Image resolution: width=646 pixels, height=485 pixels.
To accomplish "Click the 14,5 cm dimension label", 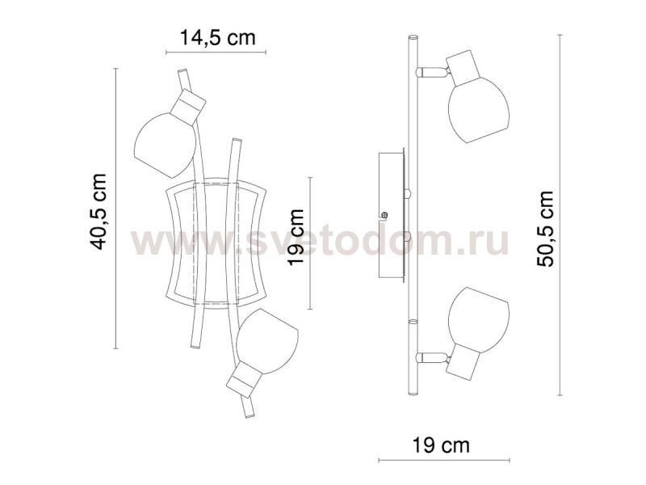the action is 217,37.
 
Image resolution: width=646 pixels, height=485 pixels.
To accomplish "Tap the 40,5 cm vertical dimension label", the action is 99,212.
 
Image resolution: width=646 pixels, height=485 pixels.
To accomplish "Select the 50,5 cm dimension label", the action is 546,229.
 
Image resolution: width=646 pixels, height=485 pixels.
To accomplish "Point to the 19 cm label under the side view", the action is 441,445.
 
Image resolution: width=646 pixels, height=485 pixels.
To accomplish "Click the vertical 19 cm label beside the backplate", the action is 296,237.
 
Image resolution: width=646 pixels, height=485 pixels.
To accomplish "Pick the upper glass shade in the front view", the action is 165,145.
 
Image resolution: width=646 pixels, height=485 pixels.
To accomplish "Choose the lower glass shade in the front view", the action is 267,341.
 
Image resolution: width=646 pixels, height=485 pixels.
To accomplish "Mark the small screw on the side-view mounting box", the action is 385,215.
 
